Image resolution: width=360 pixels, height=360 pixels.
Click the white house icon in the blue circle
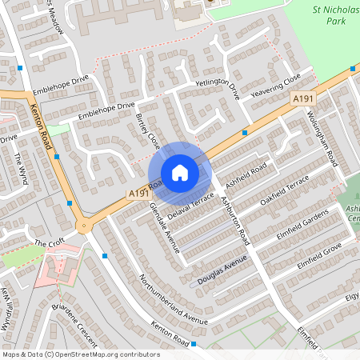180,173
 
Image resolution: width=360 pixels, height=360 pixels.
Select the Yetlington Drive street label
217,89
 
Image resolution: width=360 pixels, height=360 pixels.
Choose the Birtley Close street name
148,131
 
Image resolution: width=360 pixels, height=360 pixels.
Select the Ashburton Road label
236,220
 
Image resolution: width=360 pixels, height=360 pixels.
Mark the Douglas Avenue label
223,272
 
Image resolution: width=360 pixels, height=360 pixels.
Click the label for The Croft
47,242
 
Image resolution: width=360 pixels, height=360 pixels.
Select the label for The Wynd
21,169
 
